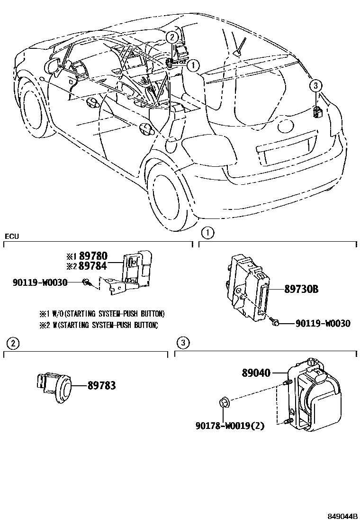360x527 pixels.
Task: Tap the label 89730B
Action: [301, 289]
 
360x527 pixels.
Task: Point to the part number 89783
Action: [101, 386]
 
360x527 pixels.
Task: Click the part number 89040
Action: [256, 373]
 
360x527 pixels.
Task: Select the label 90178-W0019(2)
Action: [229, 426]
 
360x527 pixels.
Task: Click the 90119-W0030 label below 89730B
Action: [323, 324]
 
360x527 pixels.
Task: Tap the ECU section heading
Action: [12, 236]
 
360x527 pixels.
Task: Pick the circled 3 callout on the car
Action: [316, 86]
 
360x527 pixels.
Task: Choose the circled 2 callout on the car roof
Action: [172, 37]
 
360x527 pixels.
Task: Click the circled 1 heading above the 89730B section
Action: [207, 233]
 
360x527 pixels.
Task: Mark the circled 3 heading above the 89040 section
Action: [183, 343]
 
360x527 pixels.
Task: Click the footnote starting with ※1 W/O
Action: [102, 314]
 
